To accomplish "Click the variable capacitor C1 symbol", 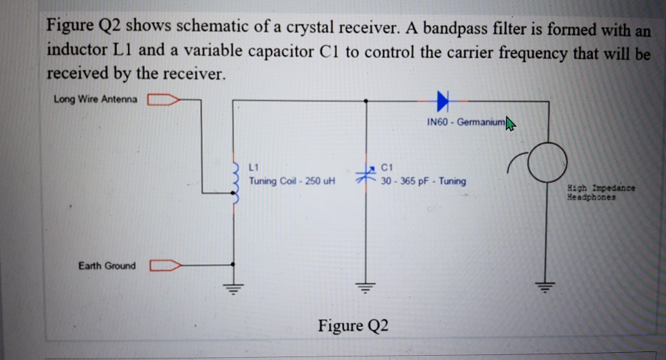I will pyautogui.click(x=366, y=174).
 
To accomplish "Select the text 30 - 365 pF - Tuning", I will pyautogui.click(x=423, y=181).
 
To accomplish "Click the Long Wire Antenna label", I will pyautogui.click(x=97, y=98).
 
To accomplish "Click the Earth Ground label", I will pyautogui.click(x=107, y=266).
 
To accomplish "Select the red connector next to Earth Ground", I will pyautogui.click(x=164, y=266).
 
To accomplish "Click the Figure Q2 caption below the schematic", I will pyautogui.click(x=354, y=326).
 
